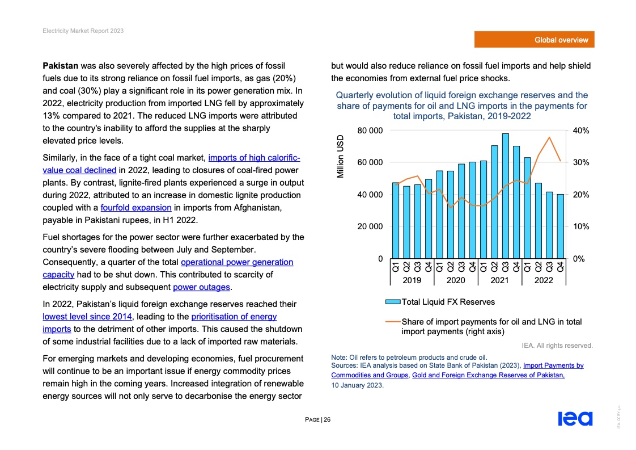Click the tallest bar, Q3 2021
pyautogui.click(x=505, y=196)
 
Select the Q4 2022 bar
pyautogui.click(x=560, y=226)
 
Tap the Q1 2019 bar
pyautogui.click(x=396, y=220)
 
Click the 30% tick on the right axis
pyautogui.click(x=582, y=163)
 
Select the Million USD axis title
pyautogui.click(x=341, y=156)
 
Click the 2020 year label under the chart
pyautogui.click(x=456, y=280)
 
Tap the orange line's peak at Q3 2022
pyautogui.click(x=549, y=137)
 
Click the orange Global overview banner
pyautogui.click(x=535, y=40)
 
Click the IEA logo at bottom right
pyautogui.click(x=575, y=419)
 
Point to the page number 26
pyautogui.click(x=327, y=420)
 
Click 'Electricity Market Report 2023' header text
pyautogui.click(x=83, y=31)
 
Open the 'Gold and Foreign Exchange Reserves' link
pyautogui.click(x=488, y=376)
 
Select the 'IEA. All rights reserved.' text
pyautogui.click(x=557, y=345)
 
